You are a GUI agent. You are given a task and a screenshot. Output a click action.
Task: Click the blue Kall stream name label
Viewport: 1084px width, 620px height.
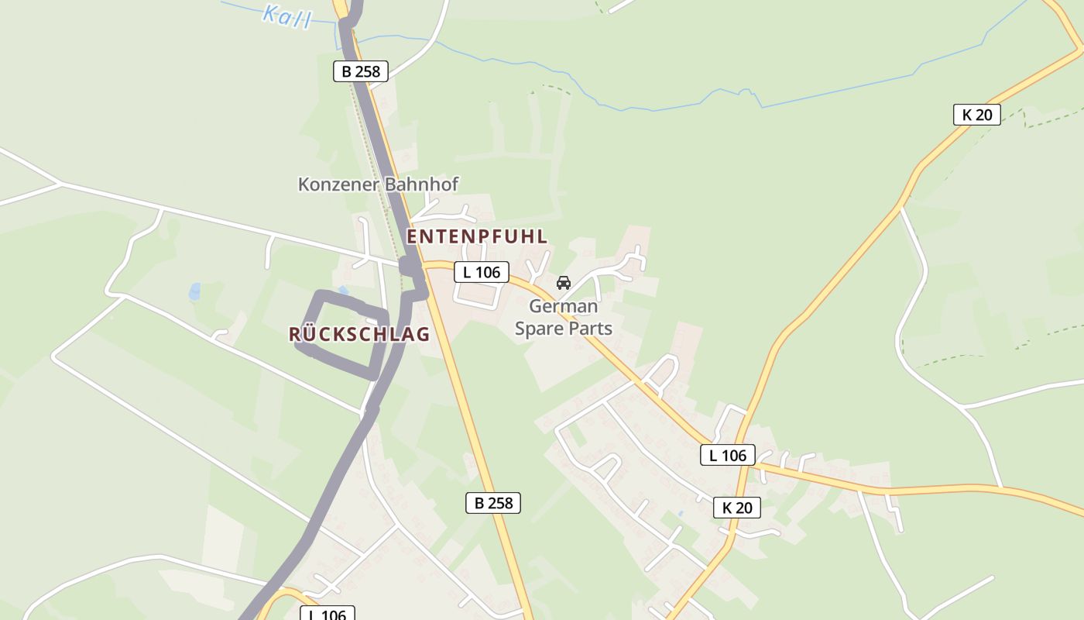point(286,15)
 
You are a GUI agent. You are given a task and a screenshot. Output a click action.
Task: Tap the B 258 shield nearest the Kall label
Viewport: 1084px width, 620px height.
point(360,71)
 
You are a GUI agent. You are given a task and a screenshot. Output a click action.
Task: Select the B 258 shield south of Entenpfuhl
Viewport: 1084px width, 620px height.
point(493,502)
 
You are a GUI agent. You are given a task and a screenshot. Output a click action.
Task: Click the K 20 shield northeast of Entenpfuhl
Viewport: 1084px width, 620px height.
point(976,115)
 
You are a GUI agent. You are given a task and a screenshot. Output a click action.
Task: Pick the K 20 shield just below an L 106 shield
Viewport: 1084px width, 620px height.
point(736,508)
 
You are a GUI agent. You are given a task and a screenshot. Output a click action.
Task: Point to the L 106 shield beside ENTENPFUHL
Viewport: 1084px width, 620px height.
point(481,272)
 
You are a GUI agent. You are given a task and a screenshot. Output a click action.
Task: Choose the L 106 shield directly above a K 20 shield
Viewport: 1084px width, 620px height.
point(728,455)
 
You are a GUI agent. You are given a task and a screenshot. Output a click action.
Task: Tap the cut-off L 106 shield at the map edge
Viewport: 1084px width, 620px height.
point(327,614)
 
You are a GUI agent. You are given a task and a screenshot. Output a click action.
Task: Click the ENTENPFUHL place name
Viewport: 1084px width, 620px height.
point(477,237)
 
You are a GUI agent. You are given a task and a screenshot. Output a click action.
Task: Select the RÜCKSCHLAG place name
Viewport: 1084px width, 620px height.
point(358,335)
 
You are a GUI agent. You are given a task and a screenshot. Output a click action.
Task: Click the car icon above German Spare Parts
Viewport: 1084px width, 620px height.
point(563,283)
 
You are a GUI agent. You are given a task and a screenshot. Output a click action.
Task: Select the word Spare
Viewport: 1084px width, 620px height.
point(540,329)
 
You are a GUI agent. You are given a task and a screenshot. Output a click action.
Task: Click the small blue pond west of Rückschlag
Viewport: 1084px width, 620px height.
point(194,291)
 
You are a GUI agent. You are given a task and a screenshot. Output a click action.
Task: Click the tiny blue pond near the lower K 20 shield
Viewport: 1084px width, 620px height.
point(681,513)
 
